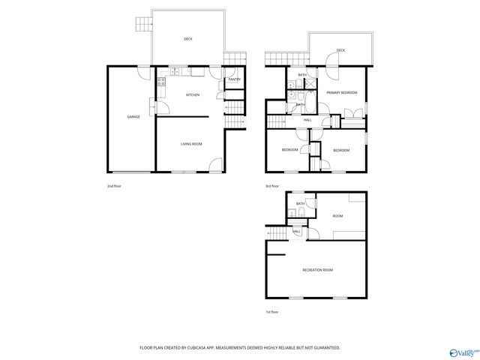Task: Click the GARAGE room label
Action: [x=133, y=117]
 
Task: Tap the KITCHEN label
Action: [x=193, y=95]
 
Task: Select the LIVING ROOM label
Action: [x=191, y=143]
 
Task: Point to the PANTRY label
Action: [x=234, y=79]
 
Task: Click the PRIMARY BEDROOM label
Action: [x=341, y=92]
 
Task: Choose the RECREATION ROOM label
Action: [x=318, y=269]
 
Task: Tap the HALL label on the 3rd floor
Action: [x=307, y=120]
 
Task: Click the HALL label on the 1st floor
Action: [x=297, y=231]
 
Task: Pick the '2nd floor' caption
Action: [x=114, y=186]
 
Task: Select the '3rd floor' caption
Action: [x=271, y=186]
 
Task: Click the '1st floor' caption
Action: [x=271, y=312]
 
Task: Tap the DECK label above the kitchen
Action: [x=188, y=39]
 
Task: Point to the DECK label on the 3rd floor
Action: [x=340, y=50]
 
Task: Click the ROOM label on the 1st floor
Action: [x=337, y=216]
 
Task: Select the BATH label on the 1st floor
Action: [x=300, y=204]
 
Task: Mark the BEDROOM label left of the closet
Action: [x=290, y=150]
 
